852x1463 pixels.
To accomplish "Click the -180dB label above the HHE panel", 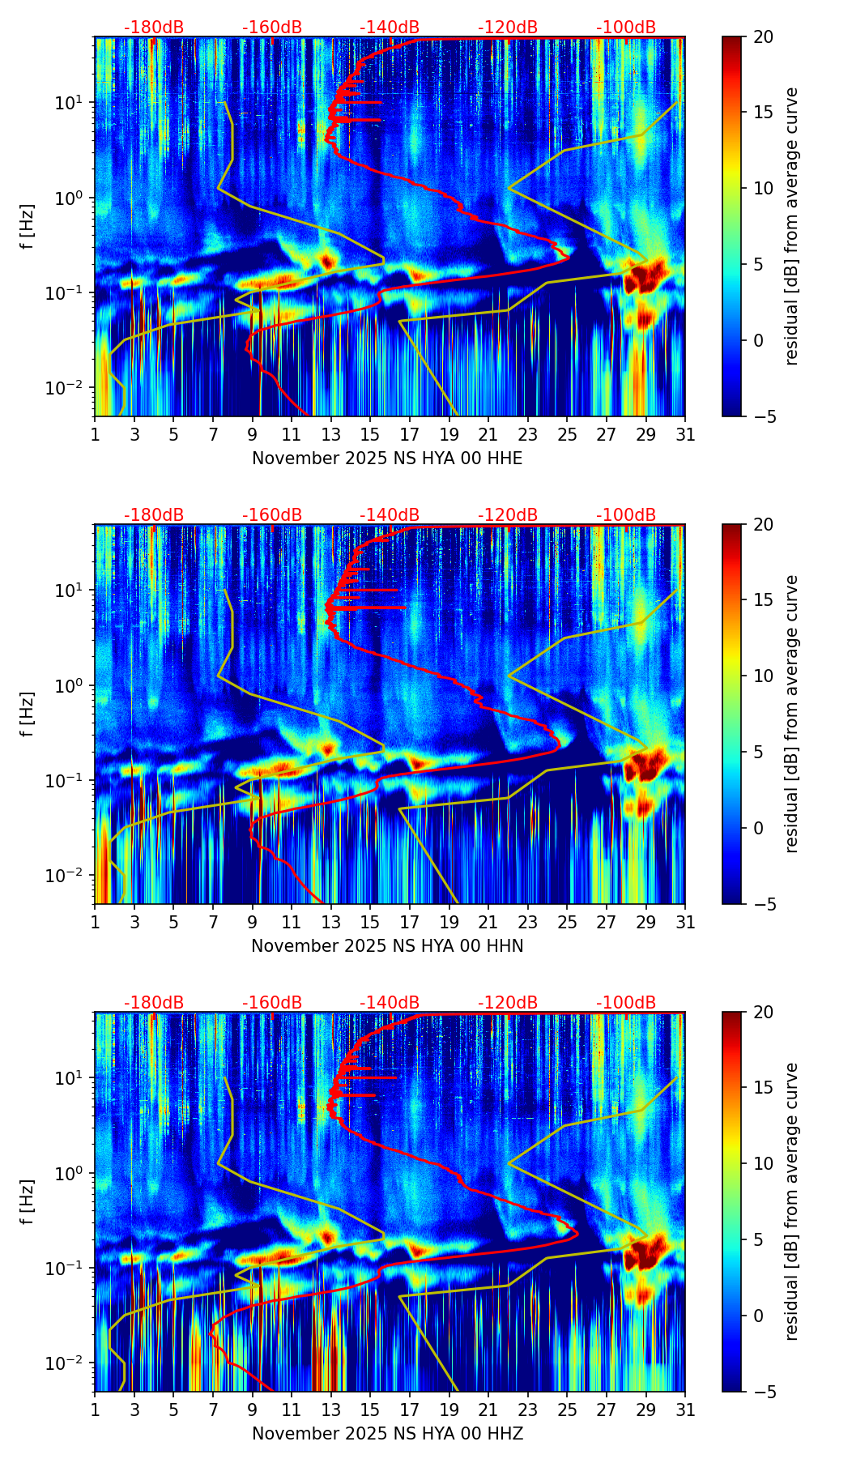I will pyautogui.click(x=154, y=28).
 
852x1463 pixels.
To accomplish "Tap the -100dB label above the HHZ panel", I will pyautogui.click(x=626, y=1003).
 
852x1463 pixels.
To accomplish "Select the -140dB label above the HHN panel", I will pyautogui.click(x=390, y=515).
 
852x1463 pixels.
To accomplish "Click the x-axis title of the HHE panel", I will pyautogui.click(x=387, y=459).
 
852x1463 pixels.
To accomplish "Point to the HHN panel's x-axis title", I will pyautogui.click(x=387, y=946).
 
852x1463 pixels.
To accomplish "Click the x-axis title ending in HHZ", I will pyautogui.click(x=387, y=1434).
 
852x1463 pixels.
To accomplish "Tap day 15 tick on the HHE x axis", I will pyautogui.click(x=370, y=435).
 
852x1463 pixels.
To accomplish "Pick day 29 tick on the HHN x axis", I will pyautogui.click(x=646, y=923).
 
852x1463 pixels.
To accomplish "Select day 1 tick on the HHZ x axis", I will pyautogui.click(x=95, y=1410).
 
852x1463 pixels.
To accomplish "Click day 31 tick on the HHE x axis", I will pyautogui.click(x=685, y=435).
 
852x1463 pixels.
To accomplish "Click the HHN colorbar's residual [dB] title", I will pyautogui.click(x=792, y=714).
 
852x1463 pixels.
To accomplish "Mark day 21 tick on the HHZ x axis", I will pyautogui.click(x=488, y=1410).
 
